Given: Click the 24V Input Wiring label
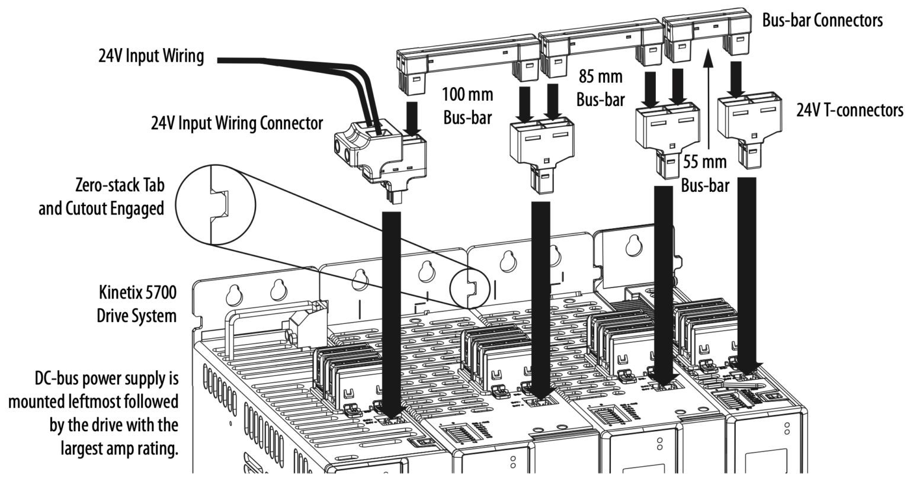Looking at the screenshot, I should pyautogui.click(x=151, y=57).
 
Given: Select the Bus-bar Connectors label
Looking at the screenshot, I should pyautogui.click(x=822, y=20).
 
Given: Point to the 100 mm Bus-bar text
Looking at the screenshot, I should pyautogui.click(x=467, y=105).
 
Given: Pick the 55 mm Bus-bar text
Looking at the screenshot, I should pyautogui.click(x=704, y=173).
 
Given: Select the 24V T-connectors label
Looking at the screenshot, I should pyautogui.click(x=850, y=110).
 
